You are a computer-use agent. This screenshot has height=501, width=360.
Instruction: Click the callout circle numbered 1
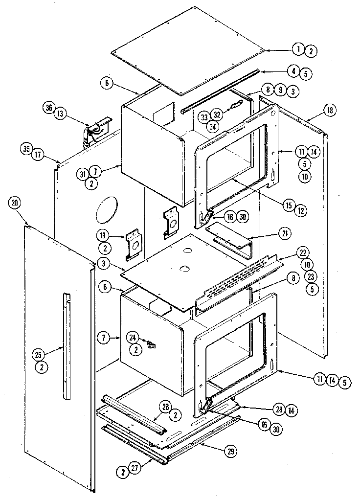(x=298, y=49)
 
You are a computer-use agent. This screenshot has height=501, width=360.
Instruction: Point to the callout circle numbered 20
(x=15, y=204)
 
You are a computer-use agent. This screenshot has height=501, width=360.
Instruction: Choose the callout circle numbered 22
(x=304, y=253)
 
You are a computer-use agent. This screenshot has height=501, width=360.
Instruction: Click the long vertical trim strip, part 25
(x=66, y=346)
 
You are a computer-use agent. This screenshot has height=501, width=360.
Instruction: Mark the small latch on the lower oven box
(x=151, y=345)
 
